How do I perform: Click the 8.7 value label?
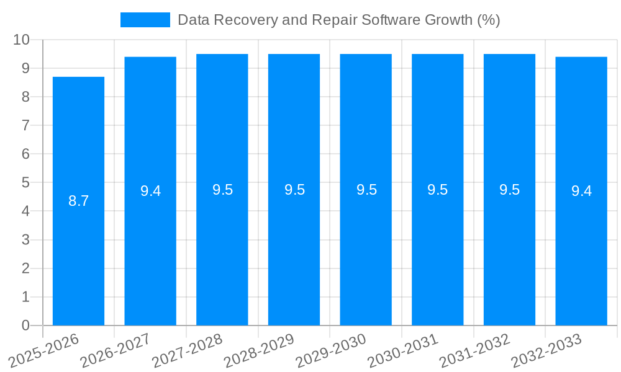click(x=78, y=201)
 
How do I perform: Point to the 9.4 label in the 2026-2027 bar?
click(x=150, y=191)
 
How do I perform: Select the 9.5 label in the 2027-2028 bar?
click(x=222, y=190)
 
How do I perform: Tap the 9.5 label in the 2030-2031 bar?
click(x=437, y=190)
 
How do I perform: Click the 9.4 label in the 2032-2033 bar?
click(x=581, y=191)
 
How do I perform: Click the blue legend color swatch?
click(x=145, y=20)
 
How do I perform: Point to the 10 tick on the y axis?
click(x=22, y=40)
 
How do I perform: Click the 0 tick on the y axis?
click(x=25, y=325)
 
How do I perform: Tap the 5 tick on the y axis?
click(x=25, y=183)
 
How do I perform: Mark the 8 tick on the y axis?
click(x=25, y=97)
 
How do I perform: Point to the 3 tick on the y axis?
click(x=25, y=240)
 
